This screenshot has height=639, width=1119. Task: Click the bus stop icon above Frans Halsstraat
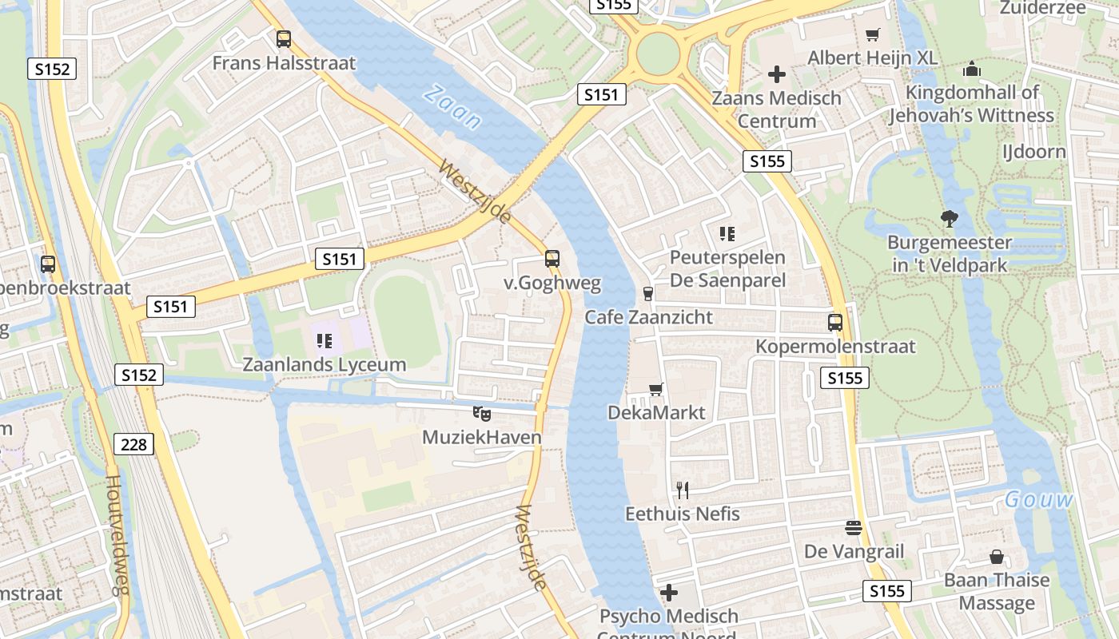coord(284,38)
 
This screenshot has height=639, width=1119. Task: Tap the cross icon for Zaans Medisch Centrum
coord(776,74)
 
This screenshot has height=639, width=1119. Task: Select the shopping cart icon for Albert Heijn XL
coord(873,34)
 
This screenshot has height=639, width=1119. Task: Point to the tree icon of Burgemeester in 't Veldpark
coord(949,218)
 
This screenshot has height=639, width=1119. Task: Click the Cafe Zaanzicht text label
coord(648,317)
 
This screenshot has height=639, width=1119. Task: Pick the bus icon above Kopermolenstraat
coord(835,323)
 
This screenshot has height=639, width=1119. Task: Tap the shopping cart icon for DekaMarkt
coord(656,389)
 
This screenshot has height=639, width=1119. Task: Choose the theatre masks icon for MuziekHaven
coord(481,413)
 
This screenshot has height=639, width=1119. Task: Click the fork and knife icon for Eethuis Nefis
coord(682,490)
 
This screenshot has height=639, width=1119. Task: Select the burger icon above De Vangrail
coord(854,528)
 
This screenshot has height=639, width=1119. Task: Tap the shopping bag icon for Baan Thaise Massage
coord(996,556)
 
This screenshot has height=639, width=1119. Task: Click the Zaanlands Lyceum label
coord(324,365)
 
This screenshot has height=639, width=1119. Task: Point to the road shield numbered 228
coord(133,444)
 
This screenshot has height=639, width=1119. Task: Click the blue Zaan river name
coord(452,107)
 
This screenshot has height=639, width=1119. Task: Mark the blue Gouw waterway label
coord(1039,500)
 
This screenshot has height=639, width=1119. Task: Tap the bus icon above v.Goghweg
coord(552,259)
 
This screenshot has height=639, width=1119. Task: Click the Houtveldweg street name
coord(117,535)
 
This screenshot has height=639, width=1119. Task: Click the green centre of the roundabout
coord(658,54)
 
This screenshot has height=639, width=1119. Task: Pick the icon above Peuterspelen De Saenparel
coord(727,233)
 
